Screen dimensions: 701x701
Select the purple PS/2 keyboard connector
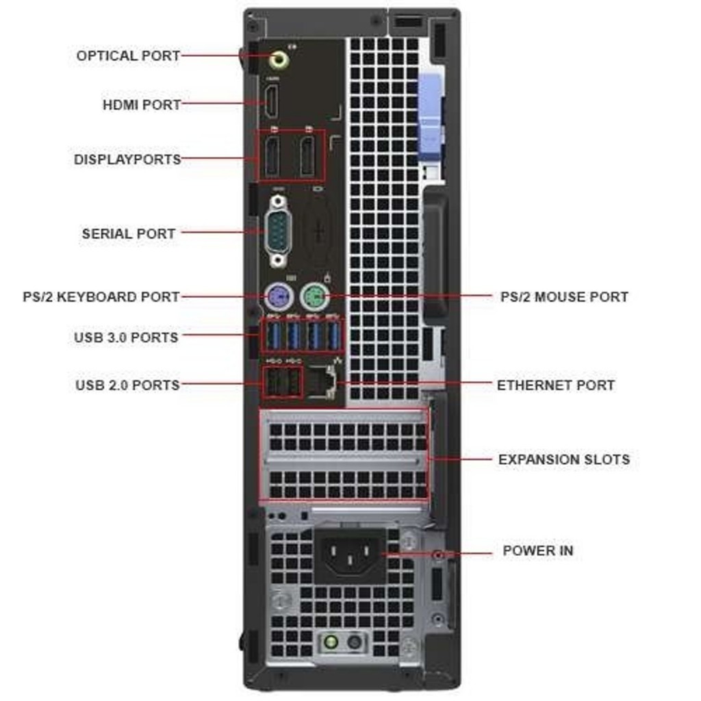[x=279, y=296]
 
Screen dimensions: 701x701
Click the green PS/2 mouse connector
[x=315, y=296]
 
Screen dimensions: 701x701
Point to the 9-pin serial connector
[x=278, y=232]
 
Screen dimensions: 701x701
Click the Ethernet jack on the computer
[x=322, y=382]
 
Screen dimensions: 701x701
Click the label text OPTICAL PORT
[x=128, y=56]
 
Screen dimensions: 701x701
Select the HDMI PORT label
[x=142, y=105]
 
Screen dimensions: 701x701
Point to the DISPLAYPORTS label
[x=127, y=159]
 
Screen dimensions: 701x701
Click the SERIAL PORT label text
[x=128, y=233]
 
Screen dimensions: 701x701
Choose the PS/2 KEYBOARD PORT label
[x=101, y=297]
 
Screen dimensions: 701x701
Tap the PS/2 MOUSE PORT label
[x=564, y=297]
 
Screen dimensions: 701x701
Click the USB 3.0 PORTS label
[x=126, y=337]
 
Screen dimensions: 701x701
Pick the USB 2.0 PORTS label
[x=127, y=385]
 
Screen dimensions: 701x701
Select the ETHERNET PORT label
[x=556, y=385]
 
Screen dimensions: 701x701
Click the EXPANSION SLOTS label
[x=564, y=459]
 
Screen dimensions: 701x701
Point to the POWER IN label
[x=538, y=550]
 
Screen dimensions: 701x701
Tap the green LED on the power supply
[x=331, y=642]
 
